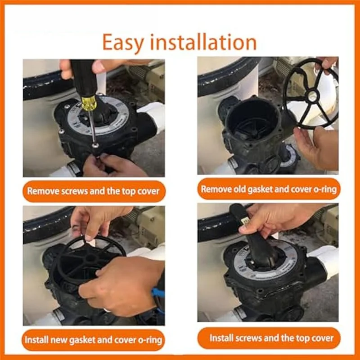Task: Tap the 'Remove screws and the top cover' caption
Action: point(93,191)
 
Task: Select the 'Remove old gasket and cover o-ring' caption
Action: point(269,189)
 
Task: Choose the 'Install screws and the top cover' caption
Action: point(269,337)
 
